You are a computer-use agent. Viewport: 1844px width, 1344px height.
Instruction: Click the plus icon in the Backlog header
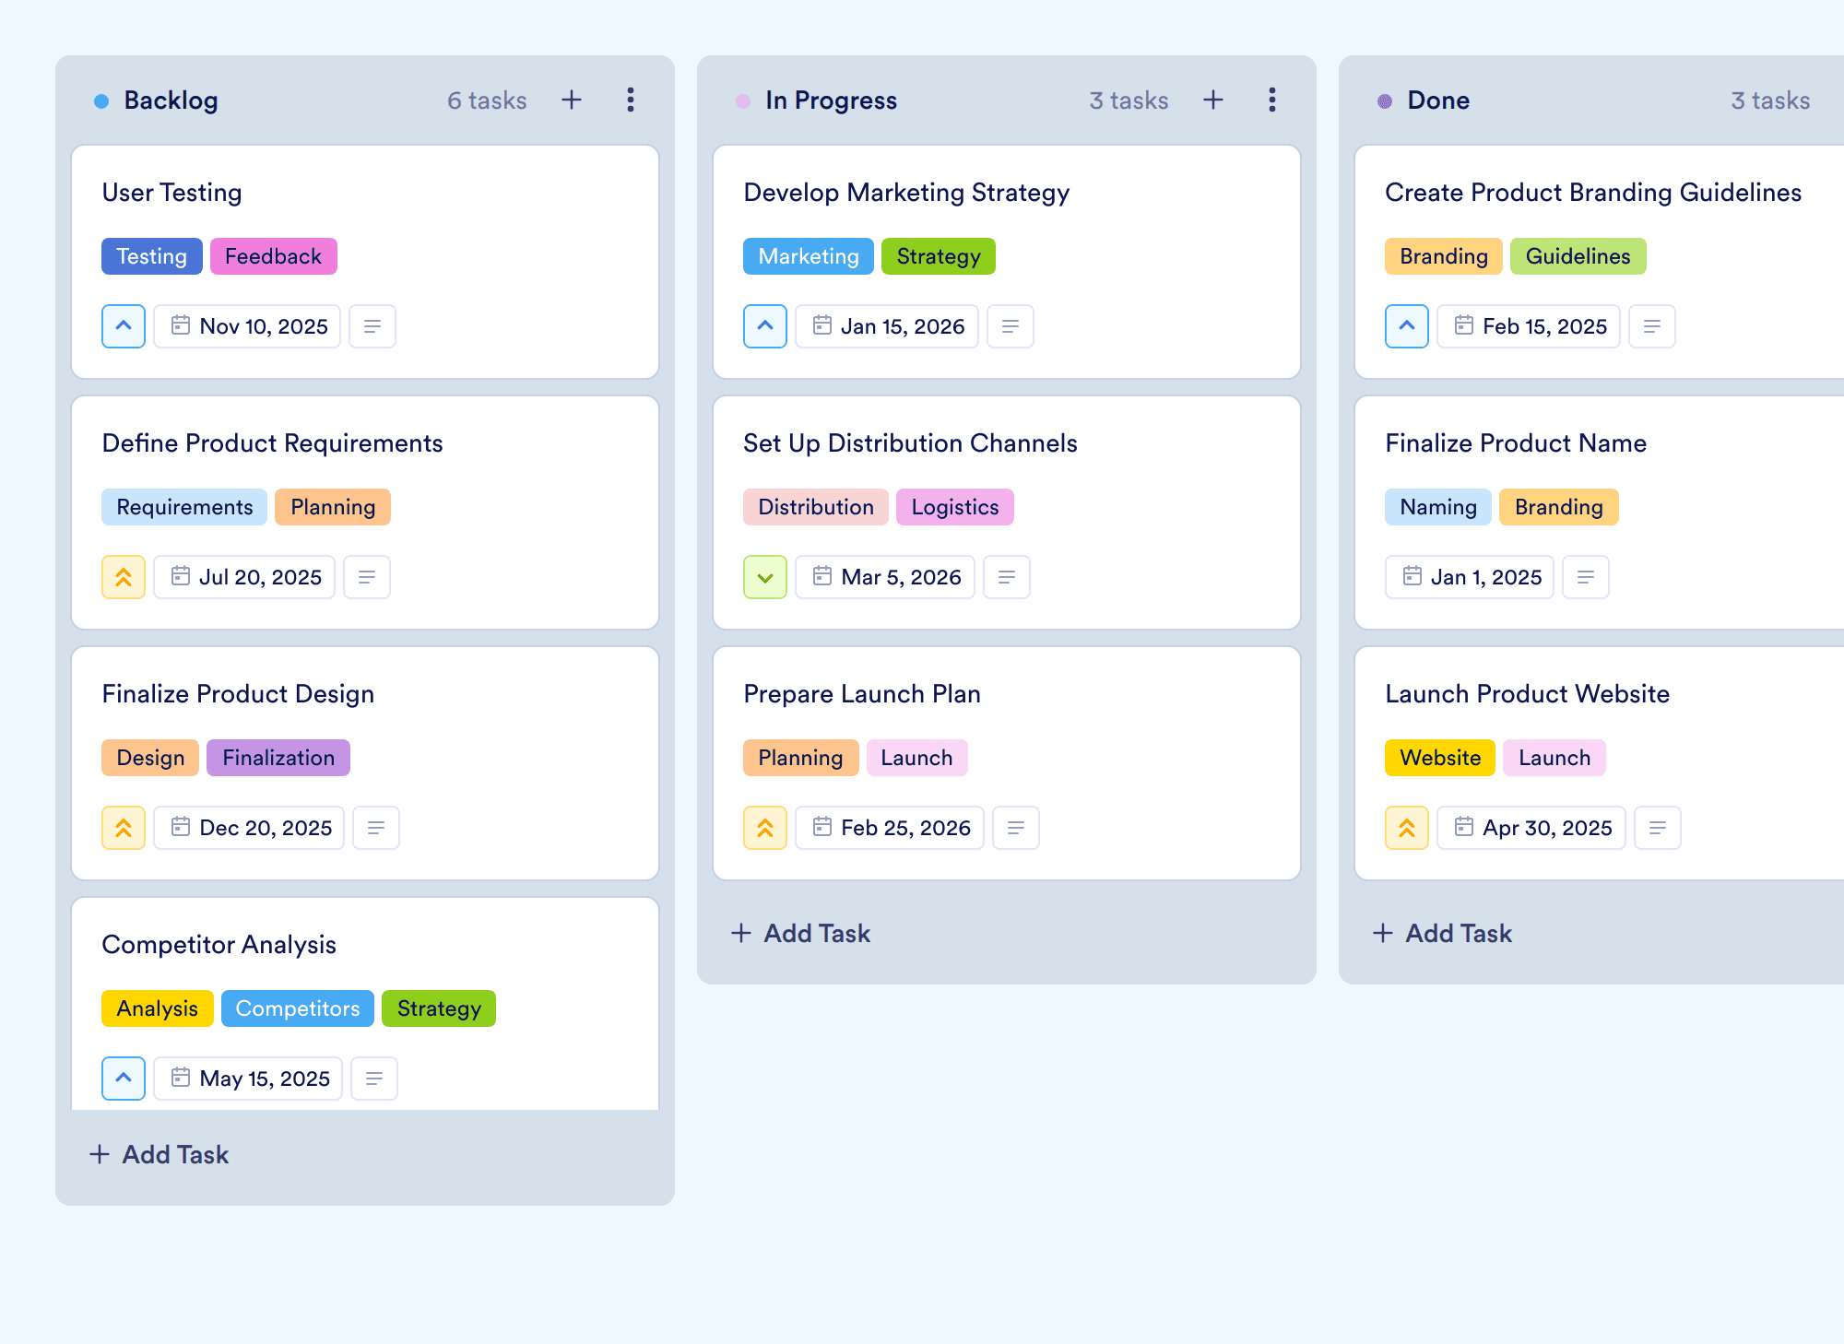572,100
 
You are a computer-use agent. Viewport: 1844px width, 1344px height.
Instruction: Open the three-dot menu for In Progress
1272,100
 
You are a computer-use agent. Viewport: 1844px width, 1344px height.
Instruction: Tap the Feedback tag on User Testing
273,256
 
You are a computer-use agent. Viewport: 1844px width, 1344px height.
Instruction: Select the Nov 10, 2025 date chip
247,326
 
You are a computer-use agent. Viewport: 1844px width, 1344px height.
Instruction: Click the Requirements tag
184,507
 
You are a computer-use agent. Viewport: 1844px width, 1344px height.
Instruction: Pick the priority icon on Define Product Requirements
124,577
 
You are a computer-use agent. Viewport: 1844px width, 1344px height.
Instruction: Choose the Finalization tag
278,758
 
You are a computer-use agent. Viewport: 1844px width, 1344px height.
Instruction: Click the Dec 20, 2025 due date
249,828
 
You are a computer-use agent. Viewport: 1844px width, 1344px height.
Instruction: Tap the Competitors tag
297,1008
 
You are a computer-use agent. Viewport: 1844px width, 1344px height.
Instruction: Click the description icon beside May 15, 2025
374,1079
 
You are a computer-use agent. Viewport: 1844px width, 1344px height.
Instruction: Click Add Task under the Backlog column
160,1154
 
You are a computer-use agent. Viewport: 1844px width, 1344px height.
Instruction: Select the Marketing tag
809,256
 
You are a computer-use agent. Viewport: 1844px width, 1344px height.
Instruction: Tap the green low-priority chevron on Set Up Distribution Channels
765,577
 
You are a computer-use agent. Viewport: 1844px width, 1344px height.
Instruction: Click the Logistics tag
954,507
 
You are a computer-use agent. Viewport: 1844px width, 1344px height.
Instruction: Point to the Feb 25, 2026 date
890,828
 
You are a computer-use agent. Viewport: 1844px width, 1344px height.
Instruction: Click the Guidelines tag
1578,256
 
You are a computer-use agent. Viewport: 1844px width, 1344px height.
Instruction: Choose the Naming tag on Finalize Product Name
1437,507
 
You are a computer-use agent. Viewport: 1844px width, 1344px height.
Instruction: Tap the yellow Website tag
1439,758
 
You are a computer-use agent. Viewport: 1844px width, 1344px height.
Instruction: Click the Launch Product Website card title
1527,694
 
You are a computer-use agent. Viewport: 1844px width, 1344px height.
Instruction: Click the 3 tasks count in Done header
1770,100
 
